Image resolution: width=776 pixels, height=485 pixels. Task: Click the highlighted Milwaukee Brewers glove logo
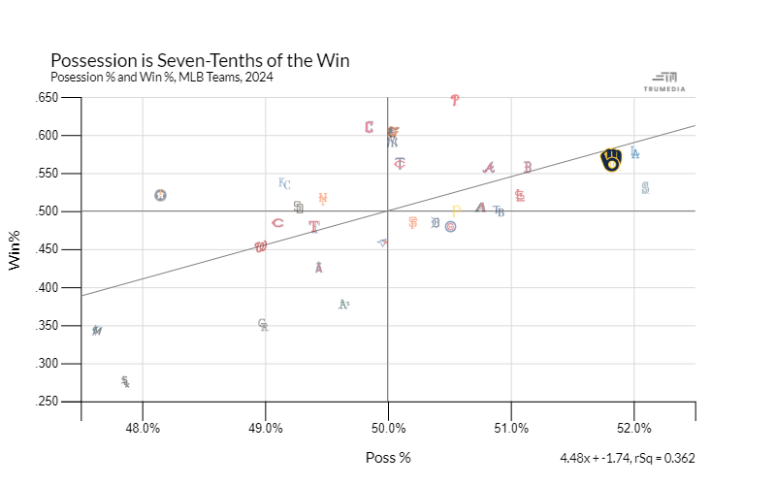(x=611, y=160)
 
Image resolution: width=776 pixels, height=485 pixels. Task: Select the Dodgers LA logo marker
(x=634, y=152)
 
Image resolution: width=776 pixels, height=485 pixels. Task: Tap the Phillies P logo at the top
(x=455, y=100)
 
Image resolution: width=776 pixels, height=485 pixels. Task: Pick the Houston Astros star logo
(x=160, y=195)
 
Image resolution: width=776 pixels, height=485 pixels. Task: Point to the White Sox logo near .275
(x=125, y=382)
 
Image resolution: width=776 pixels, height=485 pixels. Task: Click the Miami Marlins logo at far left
(x=97, y=331)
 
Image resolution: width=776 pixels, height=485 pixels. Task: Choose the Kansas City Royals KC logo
(x=284, y=183)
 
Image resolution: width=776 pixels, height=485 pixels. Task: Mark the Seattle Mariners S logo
(x=645, y=187)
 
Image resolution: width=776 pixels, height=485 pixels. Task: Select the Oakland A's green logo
(x=343, y=305)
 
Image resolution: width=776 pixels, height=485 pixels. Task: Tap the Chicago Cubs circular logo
(x=450, y=226)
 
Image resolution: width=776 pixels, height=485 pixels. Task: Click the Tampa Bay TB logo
(x=499, y=210)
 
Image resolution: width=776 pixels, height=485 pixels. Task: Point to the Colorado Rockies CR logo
(x=263, y=325)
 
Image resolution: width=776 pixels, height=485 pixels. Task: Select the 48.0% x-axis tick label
(x=143, y=428)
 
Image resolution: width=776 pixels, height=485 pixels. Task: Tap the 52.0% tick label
(x=634, y=428)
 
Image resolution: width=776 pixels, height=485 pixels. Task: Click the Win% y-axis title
(x=16, y=250)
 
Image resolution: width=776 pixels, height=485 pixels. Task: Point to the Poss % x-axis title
(x=388, y=458)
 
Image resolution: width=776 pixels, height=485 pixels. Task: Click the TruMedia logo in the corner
(x=664, y=81)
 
